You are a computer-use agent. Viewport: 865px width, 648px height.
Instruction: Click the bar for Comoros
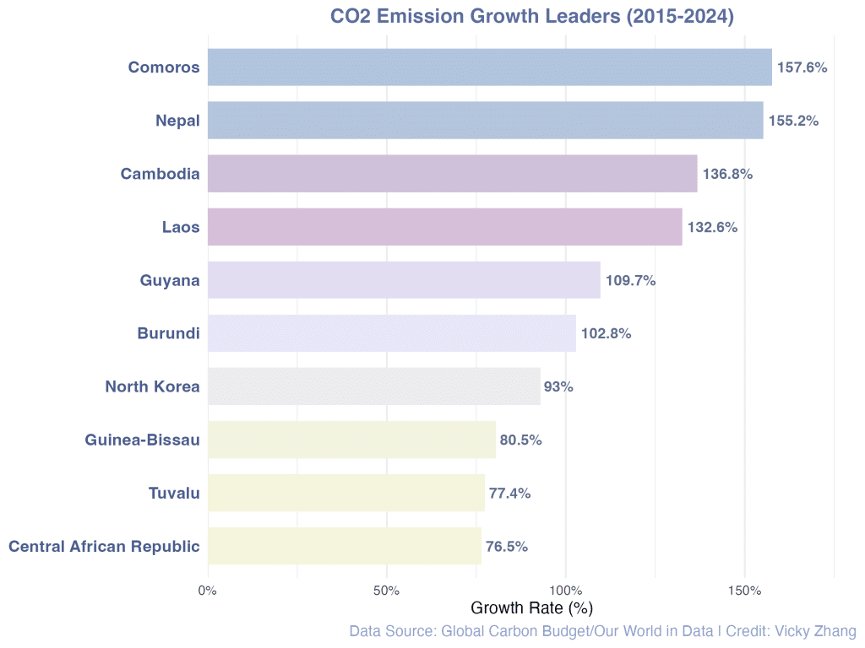pyautogui.click(x=489, y=67)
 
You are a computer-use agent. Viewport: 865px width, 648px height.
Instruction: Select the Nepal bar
pyautogui.click(x=485, y=121)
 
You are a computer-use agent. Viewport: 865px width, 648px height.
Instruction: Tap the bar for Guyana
pyautogui.click(x=404, y=280)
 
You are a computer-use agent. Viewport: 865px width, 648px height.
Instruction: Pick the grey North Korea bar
pyautogui.click(x=373, y=386)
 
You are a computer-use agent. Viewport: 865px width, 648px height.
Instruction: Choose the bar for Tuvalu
pyautogui.click(x=345, y=493)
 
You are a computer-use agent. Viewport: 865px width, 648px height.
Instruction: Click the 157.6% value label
pyautogui.click(x=802, y=67)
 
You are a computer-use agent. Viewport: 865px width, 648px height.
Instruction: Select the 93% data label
pyautogui.click(x=558, y=386)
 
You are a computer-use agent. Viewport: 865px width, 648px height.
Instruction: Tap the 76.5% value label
pyautogui.click(x=507, y=546)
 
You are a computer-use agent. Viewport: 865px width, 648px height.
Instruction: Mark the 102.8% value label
pyautogui.click(x=606, y=333)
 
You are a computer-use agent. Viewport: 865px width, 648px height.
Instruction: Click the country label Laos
pyautogui.click(x=181, y=227)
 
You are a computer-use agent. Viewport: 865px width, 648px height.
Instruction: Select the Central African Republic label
pyautogui.click(x=104, y=546)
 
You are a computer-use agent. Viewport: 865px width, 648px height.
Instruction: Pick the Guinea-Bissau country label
pyautogui.click(x=142, y=440)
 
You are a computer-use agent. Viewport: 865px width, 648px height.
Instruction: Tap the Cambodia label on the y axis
pyautogui.click(x=160, y=174)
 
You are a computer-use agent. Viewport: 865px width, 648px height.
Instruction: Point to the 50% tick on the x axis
pyautogui.click(x=386, y=590)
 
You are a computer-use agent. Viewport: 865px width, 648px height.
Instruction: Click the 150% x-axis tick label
pyautogui.click(x=744, y=590)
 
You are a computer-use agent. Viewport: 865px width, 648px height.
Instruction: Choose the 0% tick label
pyautogui.click(x=208, y=590)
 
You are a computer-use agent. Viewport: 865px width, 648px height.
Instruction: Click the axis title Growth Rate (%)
pyautogui.click(x=531, y=607)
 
